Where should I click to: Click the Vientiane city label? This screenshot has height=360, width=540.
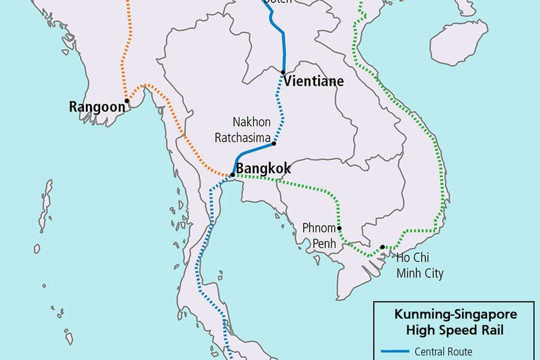coord(314,81)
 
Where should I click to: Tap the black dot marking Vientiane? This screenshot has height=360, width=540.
coord(283,72)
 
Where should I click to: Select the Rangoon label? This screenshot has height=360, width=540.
coord(97,107)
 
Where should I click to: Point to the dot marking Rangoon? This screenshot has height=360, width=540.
coord(127,100)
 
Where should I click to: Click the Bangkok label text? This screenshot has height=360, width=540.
coord(263,169)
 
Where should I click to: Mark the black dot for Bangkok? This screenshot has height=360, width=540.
coord(232,175)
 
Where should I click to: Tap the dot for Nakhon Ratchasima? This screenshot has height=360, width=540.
coord(274,144)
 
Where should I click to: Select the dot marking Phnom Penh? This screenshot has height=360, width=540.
coord(339,228)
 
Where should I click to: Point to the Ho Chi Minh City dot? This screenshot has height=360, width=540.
coord(382,247)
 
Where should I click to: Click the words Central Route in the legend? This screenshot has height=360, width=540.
coord(443,351)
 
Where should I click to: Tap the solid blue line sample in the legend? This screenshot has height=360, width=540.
coord(395,351)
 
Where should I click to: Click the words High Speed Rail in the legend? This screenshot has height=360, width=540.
coord(455,330)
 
